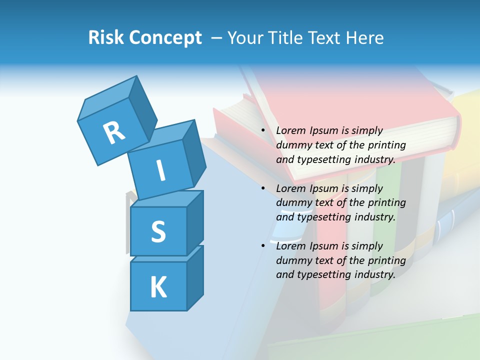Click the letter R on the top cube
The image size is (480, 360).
[x=114, y=132]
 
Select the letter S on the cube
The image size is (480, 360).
[x=158, y=231]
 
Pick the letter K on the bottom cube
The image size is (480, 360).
[x=158, y=287]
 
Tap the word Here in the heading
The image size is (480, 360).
[x=364, y=37]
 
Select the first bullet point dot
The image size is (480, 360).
[x=263, y=130]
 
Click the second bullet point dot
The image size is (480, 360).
[x=263, y=188]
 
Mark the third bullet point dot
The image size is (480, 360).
[x=263, y=246]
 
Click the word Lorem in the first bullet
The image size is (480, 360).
[x=291, y=130]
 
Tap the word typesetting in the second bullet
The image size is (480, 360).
[x=323, y=217]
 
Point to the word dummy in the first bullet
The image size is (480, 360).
[x=291, y=145]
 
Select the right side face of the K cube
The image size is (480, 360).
[x=195, y=277]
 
